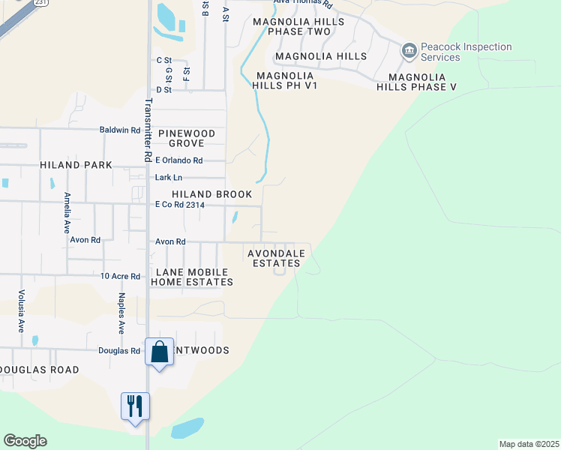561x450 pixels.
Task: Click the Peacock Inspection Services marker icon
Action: [x=409, y=51]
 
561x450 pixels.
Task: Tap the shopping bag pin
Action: [x=160, y=352]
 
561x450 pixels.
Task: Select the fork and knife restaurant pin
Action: [x=136, y=406]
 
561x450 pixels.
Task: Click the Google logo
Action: [x=25, y=441]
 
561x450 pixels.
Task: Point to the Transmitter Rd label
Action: [x=148, y=130]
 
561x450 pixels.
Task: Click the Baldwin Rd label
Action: [x=120, y=130]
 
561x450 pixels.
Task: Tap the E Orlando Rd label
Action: [x=178, y=160]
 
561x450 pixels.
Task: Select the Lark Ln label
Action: [x=168, y=178]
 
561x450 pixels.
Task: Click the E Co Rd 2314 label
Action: [x=180, y=205]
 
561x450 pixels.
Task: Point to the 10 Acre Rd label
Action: [x=120, y=276]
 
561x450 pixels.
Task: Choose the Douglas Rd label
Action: [x=119, y=350]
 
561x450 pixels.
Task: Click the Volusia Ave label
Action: [x=21, y=310]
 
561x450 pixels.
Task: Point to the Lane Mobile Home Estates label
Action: [x=192, y=277]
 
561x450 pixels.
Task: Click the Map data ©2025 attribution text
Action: [x=529, y=444]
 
